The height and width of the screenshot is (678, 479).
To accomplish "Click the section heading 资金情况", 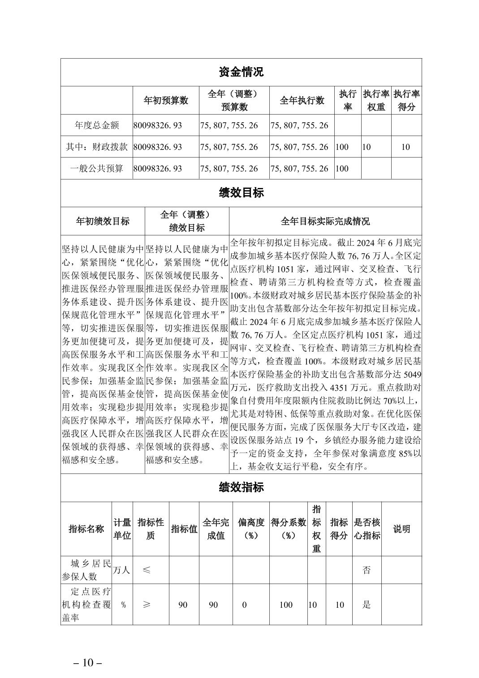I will [x=241, y=72].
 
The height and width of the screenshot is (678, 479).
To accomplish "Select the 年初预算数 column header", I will [x=166, y=101].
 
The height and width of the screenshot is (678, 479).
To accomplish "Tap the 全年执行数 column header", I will [x=302, y=101].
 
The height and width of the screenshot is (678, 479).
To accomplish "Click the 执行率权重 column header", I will [x=376, y=100].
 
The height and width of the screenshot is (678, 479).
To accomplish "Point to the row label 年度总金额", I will [x=97, y=125].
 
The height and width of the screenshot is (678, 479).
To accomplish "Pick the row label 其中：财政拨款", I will [x=97, y=147].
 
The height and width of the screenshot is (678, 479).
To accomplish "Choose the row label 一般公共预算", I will [x=97, y=169].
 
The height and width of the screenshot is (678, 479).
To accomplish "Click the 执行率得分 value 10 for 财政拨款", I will [x=406, y=147].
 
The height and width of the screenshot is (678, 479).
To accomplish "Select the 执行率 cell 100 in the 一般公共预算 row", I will [x=342, y=169].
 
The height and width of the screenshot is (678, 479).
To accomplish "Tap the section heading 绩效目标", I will [x=241, y=193].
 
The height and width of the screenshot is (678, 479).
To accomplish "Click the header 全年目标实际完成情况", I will [x=325, y=221].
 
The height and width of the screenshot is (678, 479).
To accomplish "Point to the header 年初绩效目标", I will [x=103, y=221].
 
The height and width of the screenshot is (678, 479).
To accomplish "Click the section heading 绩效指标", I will [x=241, y=487].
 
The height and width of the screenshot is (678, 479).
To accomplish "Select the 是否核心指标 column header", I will [x=367, y=529].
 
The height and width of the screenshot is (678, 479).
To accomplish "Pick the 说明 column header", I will [x=401, y=529].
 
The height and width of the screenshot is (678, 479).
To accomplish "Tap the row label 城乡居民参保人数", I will [x=86, y=570].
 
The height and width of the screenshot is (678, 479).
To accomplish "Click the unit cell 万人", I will [x=121, y=570].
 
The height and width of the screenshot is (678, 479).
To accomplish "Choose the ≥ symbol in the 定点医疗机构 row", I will [x=147, y=605].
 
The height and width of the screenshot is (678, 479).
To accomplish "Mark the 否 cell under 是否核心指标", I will [x=367, y=570].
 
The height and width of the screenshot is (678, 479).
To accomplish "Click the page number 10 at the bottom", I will [x=88, y=662].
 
